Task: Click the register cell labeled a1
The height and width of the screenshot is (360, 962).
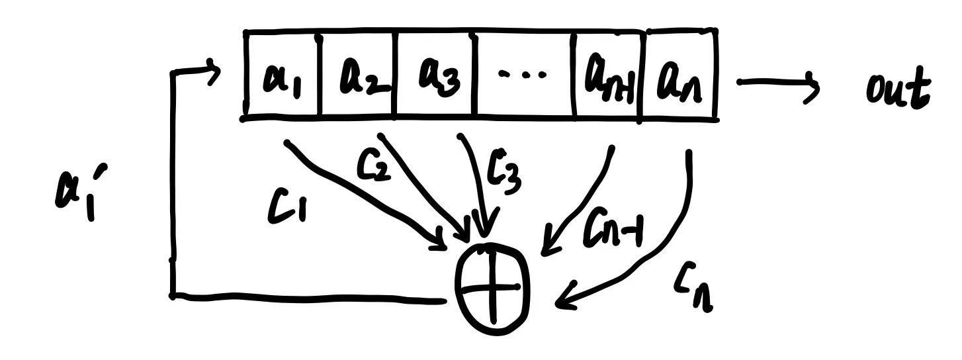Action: (x=283, y=75)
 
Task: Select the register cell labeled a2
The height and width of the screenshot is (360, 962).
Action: (x=359, y=75)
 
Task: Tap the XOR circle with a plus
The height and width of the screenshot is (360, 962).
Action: (x=492, y=287)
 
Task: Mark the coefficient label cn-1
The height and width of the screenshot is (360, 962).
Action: (x=612, y=232)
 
